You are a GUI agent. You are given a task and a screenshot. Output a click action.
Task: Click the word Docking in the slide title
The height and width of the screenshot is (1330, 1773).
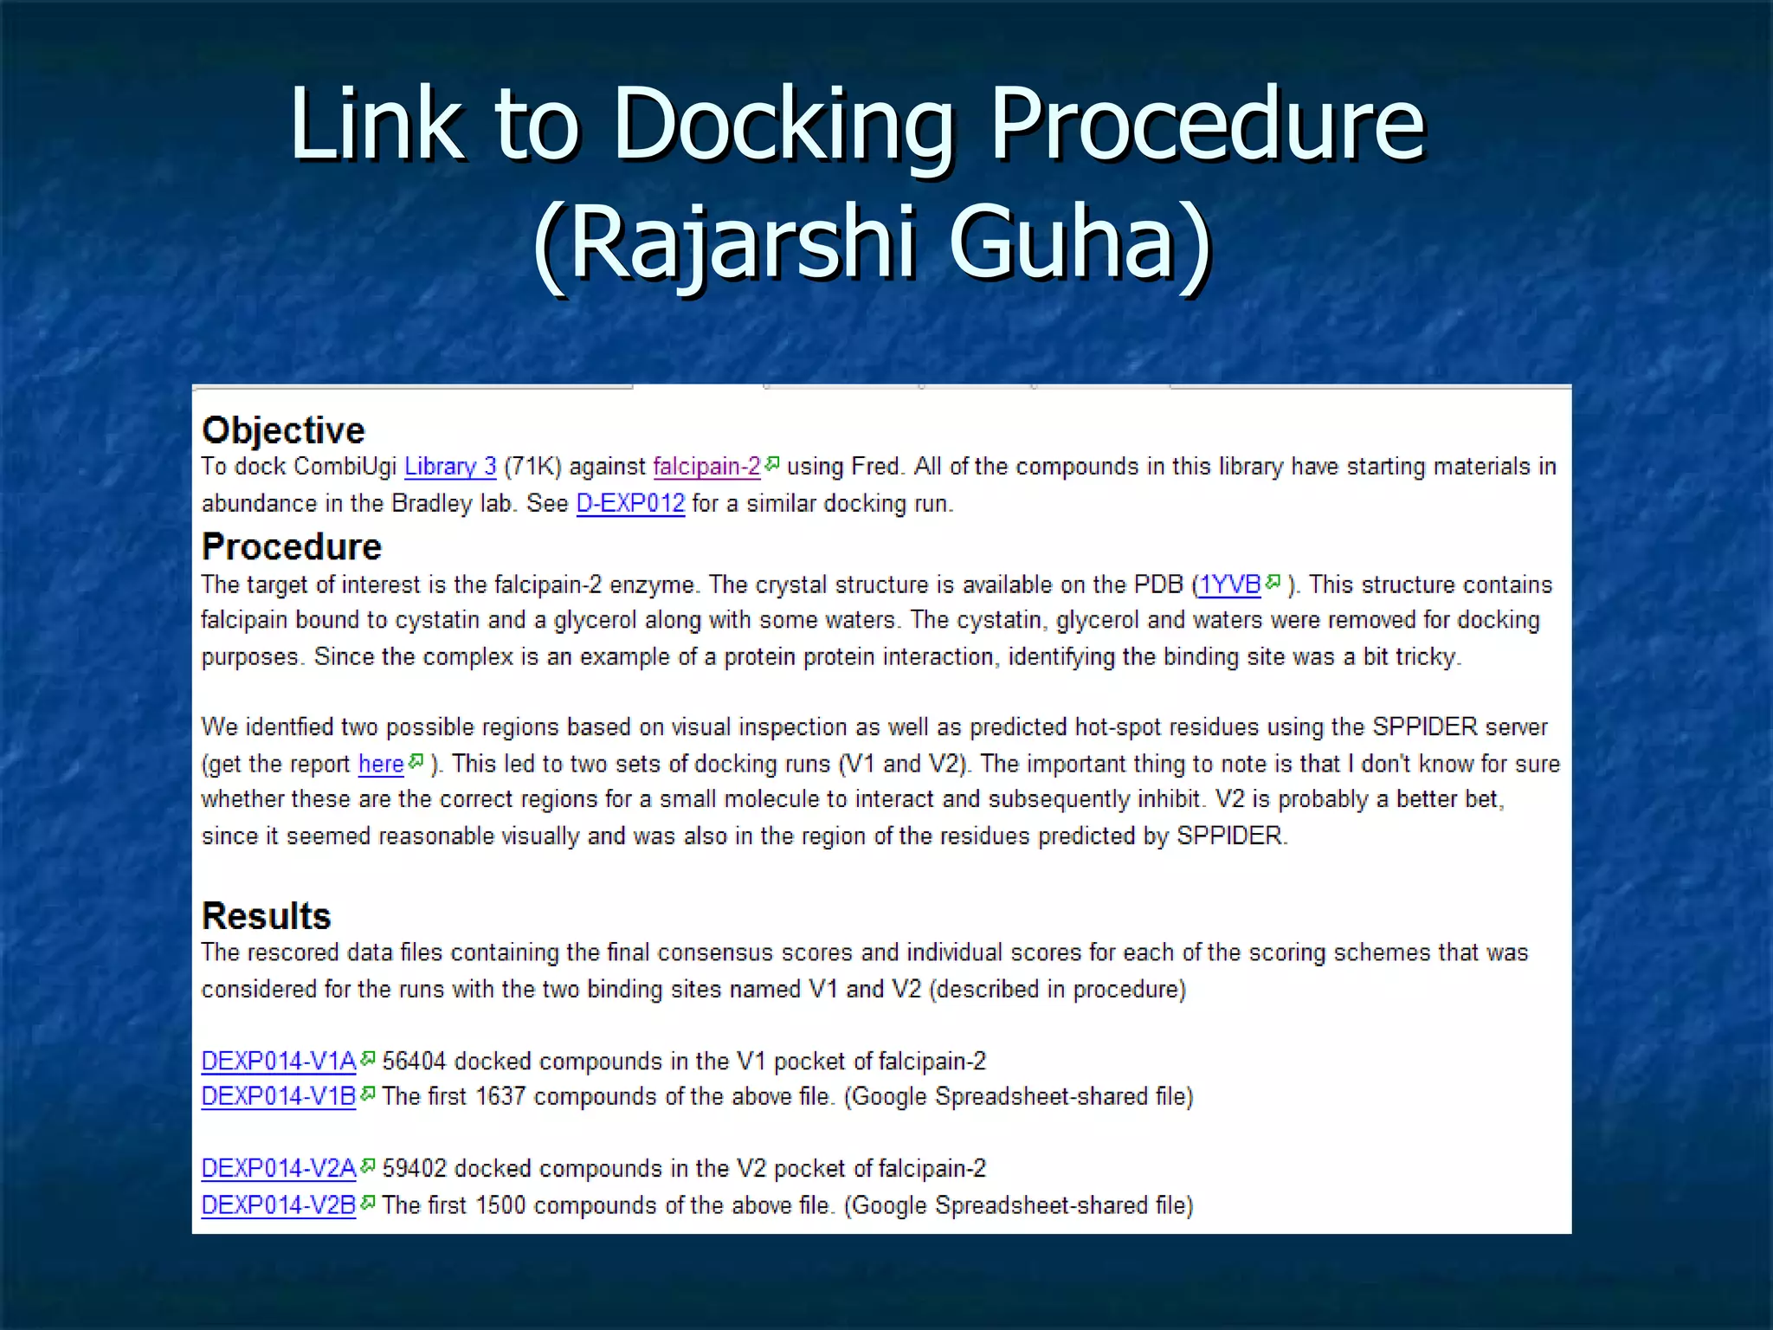[x=783, y=126]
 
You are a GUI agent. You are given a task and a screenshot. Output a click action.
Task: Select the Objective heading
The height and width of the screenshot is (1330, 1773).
[x=283, y=430]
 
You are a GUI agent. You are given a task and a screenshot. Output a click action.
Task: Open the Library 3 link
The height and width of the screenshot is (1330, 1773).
[x=450, y=467]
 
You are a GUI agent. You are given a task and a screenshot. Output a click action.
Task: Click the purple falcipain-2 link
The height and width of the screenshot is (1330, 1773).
[x=706, y=467]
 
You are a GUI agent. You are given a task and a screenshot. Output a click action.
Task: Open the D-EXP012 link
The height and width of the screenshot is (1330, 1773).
[x=630, y=503]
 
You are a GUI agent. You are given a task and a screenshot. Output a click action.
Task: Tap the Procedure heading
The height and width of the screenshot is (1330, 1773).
[x=291, y=547]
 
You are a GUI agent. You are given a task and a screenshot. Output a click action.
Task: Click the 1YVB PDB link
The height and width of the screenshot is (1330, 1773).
[x=1229, y=585]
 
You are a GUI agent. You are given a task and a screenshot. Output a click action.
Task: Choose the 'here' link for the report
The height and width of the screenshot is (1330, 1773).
[x=381, y=764]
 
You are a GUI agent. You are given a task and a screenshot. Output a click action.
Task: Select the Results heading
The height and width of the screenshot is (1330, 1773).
[x=266, y=916]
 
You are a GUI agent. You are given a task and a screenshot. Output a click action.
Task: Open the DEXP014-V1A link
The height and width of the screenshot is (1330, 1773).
[x=278, y=1061]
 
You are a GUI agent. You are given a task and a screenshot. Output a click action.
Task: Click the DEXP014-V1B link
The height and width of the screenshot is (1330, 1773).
[x=278, y=1096]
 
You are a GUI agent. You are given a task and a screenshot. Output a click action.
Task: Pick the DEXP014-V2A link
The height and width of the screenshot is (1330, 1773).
[x=278, y=1169]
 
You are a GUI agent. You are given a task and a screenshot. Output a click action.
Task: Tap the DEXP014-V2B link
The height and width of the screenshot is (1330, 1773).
[x=278, y=1205]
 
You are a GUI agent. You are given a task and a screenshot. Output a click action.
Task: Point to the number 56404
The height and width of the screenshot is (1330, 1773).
[x=414, y=1061]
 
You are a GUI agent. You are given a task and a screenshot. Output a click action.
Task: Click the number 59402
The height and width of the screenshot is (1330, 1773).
[x=414, y=1169]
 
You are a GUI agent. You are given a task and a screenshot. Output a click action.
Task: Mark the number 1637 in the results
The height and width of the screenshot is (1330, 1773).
[x=500, y=1096]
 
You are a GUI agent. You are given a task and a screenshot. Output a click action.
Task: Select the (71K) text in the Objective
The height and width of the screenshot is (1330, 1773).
[x=532, y=467]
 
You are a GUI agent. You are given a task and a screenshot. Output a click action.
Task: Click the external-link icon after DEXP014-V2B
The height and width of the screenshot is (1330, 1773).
[x=368, y=1203]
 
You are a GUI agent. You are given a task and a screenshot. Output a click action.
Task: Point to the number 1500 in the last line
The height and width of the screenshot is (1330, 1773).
[x=500, y=1205]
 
